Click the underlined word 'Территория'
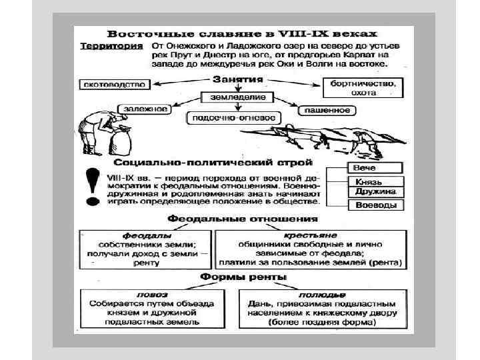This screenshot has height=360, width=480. coord(111,46)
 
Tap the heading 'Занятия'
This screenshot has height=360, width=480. coord(237,79)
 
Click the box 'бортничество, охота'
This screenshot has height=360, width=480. coord(363,88)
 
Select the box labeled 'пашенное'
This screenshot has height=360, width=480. coord(325,109)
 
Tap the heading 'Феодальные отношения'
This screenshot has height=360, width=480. coord(242,219)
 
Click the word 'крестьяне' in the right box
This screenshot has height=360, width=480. coord(310,235)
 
